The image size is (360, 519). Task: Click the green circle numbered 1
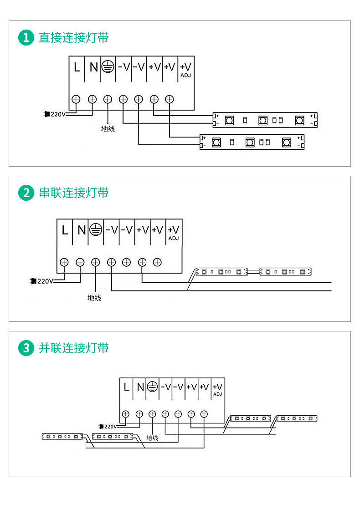click(x=26, y=37)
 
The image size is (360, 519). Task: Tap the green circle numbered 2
click(x=26, y=193)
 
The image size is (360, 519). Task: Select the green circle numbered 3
click(x=26, y=348)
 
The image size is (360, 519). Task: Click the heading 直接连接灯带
click(x=73, y=37)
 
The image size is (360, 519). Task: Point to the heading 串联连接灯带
click(x=73, y=193)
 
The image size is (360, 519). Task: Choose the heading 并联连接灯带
click(x=73, y=348)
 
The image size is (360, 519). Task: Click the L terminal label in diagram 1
click(x=77, y=67)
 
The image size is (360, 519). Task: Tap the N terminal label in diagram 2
click(x=82, y=230)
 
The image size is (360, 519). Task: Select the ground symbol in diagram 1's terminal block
click(x=108, y=66)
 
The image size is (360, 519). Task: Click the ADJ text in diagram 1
click(x=185, y=76)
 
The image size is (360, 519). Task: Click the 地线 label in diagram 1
click(x=108, y=129)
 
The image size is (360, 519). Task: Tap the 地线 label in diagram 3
click(x=152, y=438)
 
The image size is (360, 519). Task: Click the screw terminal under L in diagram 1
click(x=76, y=99)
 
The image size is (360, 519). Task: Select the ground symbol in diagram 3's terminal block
click(x=152, y=386)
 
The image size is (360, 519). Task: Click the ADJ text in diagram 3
click(x=217, y=394)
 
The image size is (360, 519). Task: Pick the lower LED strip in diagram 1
click(x=252, y=142)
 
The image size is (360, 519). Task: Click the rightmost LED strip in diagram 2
click(x=285, y=272)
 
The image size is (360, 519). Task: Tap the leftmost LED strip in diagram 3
click(x=62, y=436)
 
